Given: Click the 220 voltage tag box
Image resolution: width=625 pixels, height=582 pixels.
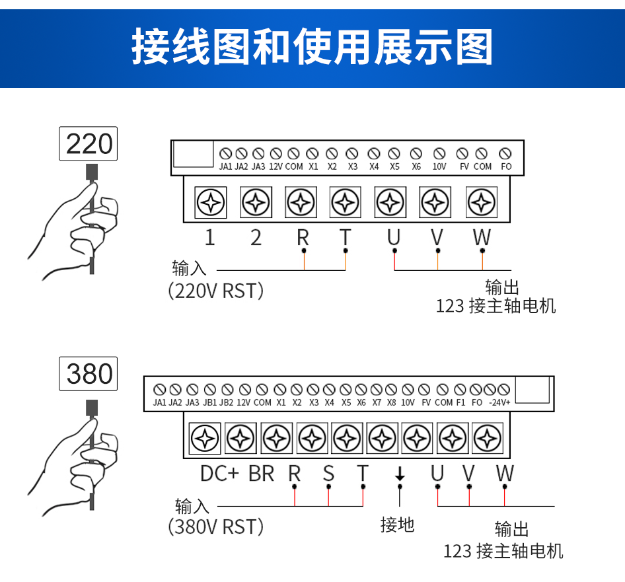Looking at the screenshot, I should coord(89,144).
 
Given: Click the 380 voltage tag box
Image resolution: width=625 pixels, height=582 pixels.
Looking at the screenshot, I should coord(89,374).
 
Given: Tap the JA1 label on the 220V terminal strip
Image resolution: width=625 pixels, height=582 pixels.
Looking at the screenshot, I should coord(225,166).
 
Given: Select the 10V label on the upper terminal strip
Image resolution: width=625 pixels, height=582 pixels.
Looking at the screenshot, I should coord(439,166).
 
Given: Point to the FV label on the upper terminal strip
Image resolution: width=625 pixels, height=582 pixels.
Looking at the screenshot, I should coord(464,166).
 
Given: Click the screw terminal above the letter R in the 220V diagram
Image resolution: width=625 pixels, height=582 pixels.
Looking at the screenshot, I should coord(301,202).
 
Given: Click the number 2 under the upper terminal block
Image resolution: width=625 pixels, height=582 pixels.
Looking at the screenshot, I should coord(256,238).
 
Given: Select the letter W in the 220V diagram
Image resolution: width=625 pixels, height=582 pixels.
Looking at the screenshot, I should coord(482,237).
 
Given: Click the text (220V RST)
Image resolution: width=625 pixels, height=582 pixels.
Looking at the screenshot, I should coord(216,291).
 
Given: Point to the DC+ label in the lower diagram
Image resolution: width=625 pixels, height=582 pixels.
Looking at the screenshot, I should coord(219,473).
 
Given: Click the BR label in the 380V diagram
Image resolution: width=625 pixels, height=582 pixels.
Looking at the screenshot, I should coord(261,473).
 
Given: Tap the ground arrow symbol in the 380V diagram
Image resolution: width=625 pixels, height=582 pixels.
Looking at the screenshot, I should coord(399,474).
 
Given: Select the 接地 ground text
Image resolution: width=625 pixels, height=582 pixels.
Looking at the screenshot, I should coord(397,525).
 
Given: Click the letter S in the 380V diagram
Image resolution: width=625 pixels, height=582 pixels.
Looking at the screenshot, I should coord(328,473).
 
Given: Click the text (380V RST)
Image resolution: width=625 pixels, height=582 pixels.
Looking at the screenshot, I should coord(216,527).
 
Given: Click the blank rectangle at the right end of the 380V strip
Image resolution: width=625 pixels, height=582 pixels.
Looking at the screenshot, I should coord(532,390).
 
